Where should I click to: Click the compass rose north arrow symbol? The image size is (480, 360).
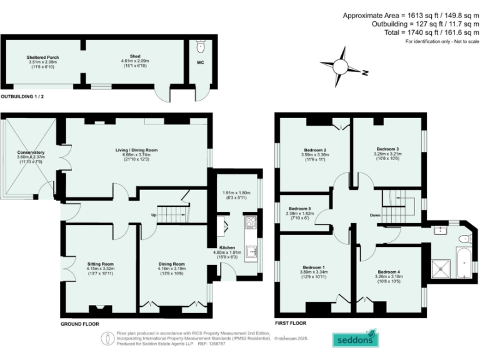pos(341,64)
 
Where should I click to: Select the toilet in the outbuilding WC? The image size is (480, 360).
pos(200,46)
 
